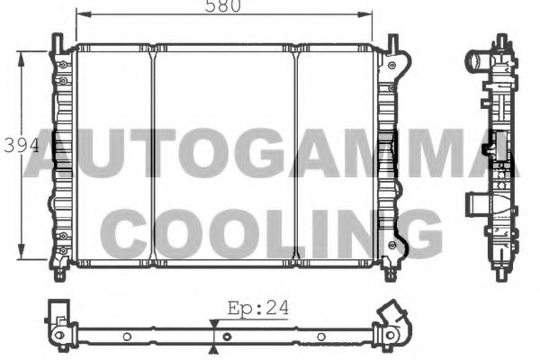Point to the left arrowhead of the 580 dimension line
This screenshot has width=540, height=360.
[78, 14]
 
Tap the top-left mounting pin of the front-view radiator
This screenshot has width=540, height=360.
[58, 40]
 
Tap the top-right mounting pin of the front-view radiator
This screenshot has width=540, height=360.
[393, 40]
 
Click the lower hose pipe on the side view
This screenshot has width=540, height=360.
[474, 204]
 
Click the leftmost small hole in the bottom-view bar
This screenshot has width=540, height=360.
[127, 337]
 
